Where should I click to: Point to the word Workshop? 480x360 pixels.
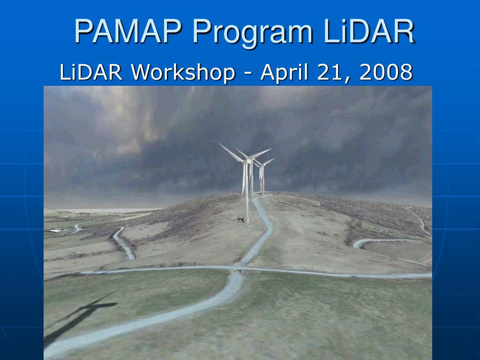(183, 72)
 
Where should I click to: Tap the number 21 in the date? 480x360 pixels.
(331, 72)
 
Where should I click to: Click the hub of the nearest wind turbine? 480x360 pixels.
(247, 161)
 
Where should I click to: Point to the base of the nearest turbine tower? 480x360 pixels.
(247, 222)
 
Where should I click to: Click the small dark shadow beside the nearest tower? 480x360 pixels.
(240, 219)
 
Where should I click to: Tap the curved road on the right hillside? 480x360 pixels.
(375, 241)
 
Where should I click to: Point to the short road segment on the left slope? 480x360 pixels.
(124, 243)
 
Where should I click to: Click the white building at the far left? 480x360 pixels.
(55, 230)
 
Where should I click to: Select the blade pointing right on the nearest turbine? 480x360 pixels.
(261, 154)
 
